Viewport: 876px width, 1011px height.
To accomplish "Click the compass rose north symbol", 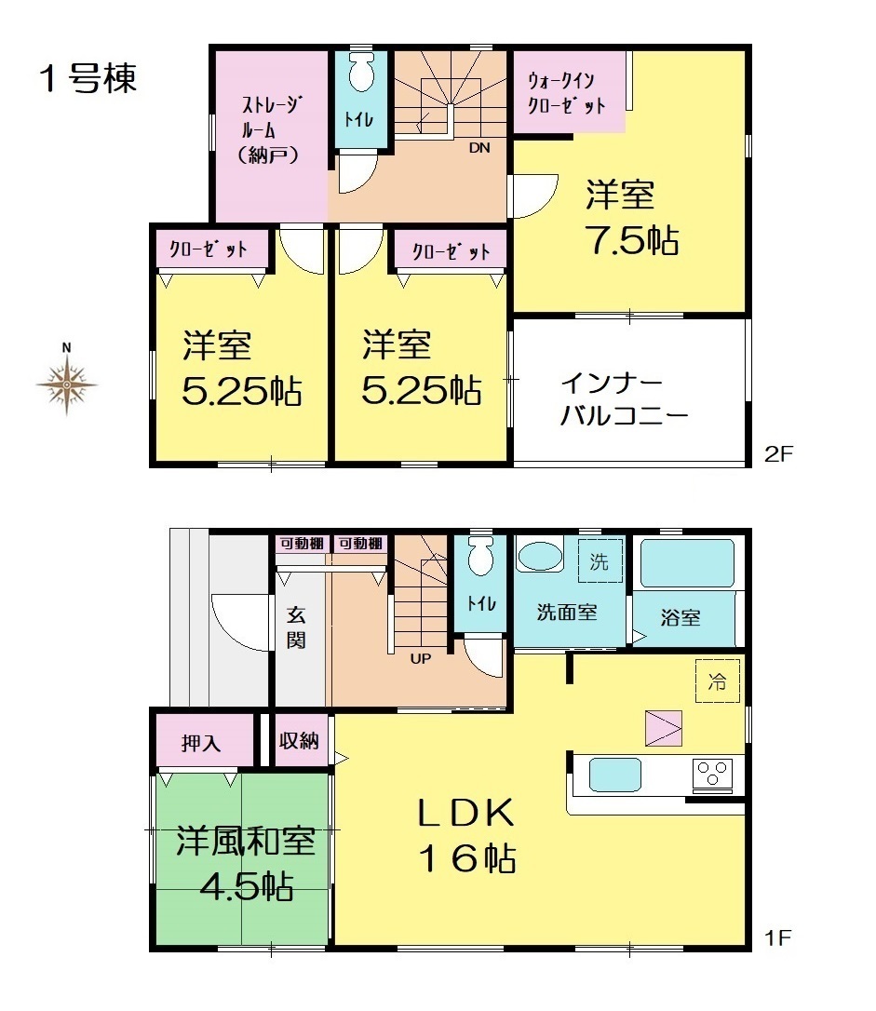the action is (x=66, y=384).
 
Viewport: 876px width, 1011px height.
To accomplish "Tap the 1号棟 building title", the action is (x=88, y=79).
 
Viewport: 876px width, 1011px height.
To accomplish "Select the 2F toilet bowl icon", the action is (x=361, y=73).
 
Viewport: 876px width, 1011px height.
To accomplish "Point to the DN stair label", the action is (x=479, y=148).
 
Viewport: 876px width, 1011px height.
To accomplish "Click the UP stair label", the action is (x=420, y=659).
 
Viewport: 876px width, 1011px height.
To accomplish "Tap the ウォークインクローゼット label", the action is (x=567, y=93).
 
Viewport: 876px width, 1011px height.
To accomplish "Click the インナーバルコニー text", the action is (x=624, y=399).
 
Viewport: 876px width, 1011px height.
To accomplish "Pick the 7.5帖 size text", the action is (x=632, y=240).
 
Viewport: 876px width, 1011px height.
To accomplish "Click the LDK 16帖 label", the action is (x=467, y=836).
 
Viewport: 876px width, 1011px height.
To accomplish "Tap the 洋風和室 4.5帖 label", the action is (x=247, y=863).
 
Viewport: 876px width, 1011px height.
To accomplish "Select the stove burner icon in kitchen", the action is (x=712, y=774).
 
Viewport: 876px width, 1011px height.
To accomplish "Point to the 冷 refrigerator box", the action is (x=718, y=681).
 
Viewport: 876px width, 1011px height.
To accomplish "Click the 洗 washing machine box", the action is (x=600, y=561).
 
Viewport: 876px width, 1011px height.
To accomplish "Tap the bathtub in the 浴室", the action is (x=687, y=563).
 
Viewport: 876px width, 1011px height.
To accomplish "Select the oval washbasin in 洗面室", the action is (x=540, y=556).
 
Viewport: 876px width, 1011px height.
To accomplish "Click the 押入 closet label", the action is (x=201, y=743).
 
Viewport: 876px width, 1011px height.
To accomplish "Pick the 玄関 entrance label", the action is (x=296, y=627).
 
